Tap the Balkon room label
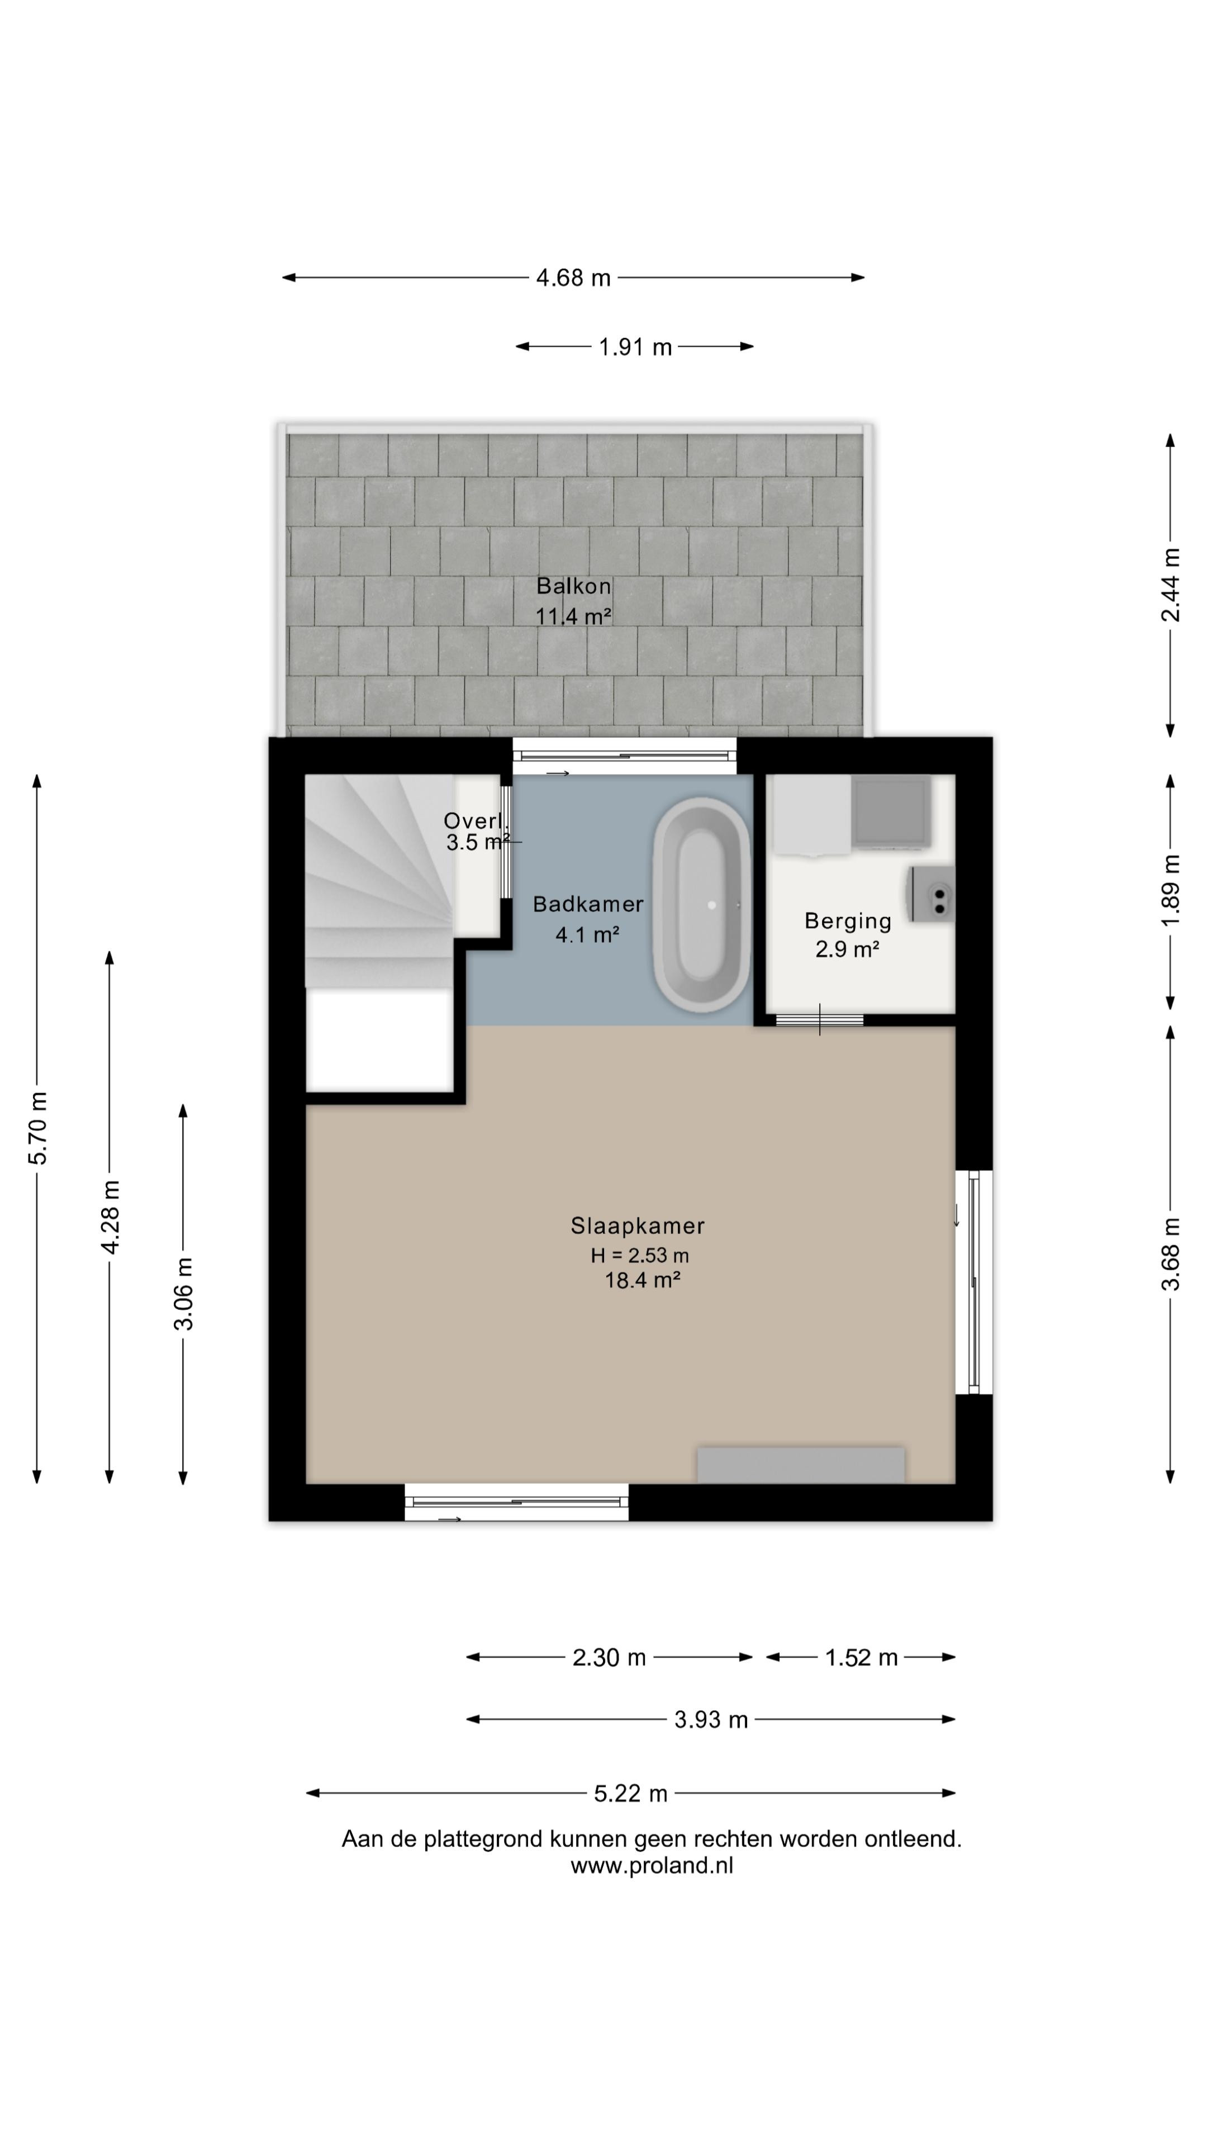pos(573,586)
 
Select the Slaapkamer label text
pos(637,1226)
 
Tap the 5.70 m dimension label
pos(37,1127)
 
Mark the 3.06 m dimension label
pos(183,1294)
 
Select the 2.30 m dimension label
pos(609,1657)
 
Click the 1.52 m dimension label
pos(861,1657)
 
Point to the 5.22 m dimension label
pos(630,1793)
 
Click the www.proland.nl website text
pos(652,1865)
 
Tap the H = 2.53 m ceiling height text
pos(640,1255)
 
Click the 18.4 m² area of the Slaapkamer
pos(642,1280)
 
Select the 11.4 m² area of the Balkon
pos(573,616)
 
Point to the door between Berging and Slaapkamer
pos(820,1020)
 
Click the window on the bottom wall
pos(516,1502)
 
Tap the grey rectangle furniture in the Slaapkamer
pos(801,1465)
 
